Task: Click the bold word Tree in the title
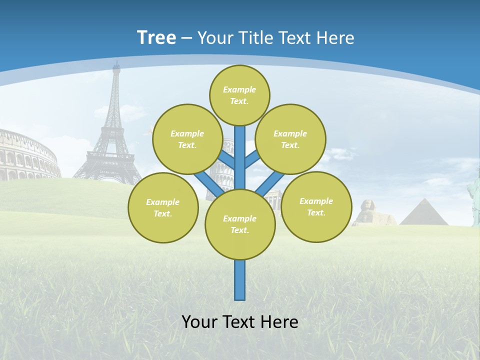(156, 37)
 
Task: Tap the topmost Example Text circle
(239, 95)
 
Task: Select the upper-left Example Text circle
(187, 139)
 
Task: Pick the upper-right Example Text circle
(290, 139)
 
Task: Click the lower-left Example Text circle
(163, 207)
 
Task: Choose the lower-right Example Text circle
(316, 206)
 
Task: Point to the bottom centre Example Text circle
(240, 224)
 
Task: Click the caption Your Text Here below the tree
(240, 322)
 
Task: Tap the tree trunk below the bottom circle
(240, 280)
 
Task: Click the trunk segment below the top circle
(240, 155)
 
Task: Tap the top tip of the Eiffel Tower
(116, 62)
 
